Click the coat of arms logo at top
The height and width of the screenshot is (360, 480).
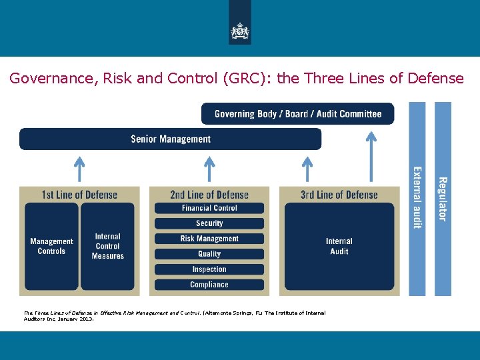[240, 30]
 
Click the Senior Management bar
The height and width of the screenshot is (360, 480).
[171, 139]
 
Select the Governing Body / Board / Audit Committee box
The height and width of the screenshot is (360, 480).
[298, 114]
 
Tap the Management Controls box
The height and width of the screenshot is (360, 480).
[51, 247]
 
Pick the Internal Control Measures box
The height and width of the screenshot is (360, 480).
[108, 247]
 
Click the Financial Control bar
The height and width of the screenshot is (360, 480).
[209, 208]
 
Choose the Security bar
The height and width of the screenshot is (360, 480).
[209, 223]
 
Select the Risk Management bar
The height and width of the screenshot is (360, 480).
[209, 239]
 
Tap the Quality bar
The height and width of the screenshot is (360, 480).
[209, 254]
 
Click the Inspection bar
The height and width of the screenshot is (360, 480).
[209, 269]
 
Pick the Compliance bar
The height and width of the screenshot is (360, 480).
[209, 285]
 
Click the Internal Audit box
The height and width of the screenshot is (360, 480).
[339, 247]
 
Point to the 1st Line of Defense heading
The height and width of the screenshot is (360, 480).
[79, 195]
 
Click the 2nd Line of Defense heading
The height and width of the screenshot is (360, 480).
[209, 195]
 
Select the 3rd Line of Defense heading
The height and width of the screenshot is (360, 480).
[339, 195]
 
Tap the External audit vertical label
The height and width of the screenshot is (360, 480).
[417, 197]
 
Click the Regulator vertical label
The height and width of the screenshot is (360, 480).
[443, 199]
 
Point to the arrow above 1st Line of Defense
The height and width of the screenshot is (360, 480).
[79, 169]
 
